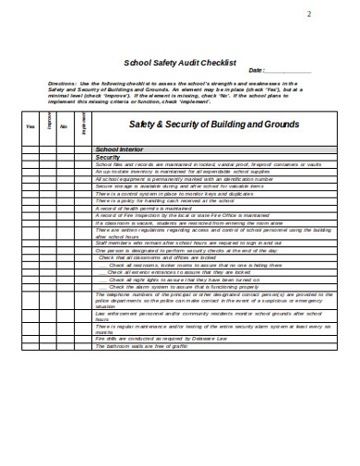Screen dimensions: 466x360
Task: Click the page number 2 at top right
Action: coord(308,12)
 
